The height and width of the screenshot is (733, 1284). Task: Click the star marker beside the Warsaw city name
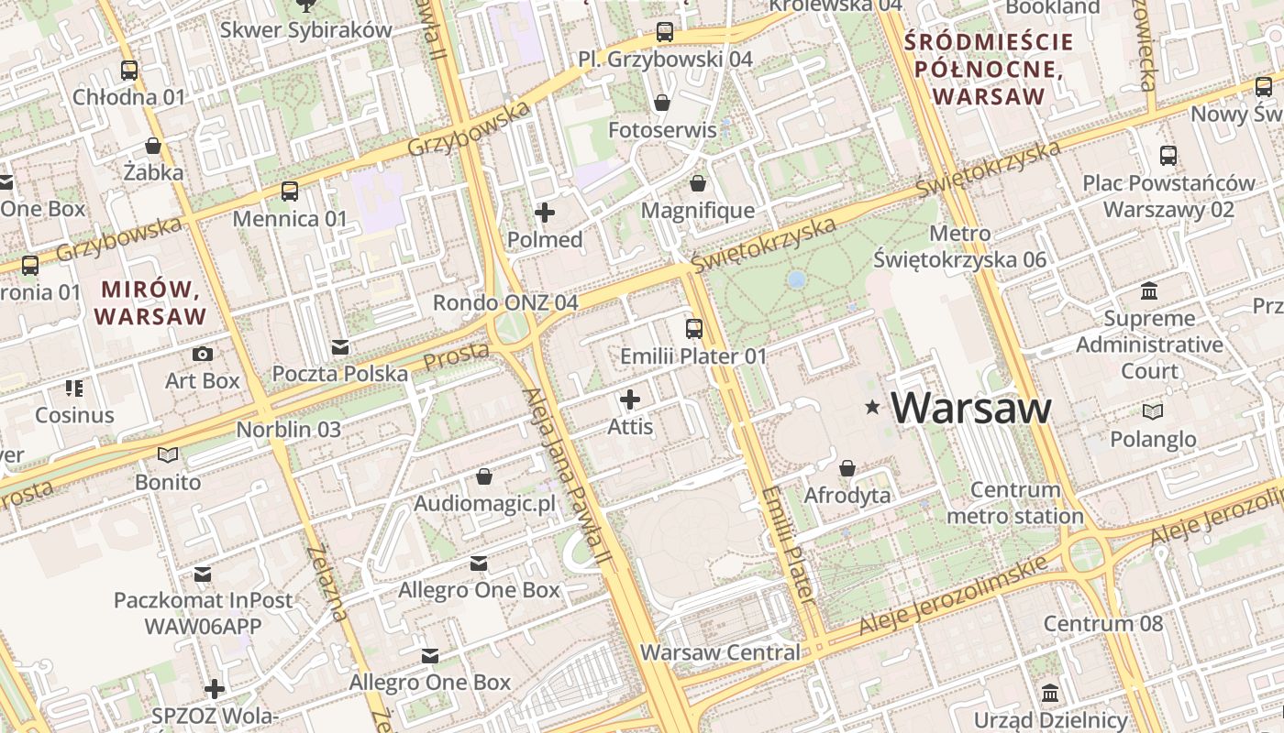tap(871, 407)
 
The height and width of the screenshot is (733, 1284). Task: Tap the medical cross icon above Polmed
tap(545, 213)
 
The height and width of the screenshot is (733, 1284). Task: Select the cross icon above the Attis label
tap(630, 399)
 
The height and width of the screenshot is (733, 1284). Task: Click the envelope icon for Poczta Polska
tap(340, 347)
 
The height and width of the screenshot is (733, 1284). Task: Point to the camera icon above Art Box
tap(203, 354)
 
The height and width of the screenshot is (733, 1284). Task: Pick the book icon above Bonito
tap(168, 454)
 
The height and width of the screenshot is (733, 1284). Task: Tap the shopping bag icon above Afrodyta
tap(847, 468)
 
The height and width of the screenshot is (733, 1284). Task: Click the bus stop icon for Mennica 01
tap(290, 191)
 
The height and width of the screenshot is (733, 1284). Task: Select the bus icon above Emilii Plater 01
tap(694, 328)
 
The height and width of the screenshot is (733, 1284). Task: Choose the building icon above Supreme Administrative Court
tap(1148, 291)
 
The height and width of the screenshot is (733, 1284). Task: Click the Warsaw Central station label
tap(720, 652)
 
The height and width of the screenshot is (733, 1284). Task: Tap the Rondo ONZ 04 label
tap(505, 302)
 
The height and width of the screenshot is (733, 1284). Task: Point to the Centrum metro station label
tap(1015, 503)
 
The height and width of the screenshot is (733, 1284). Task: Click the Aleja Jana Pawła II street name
tap(567, 476)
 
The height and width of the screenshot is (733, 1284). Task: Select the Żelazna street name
tap(329, 583)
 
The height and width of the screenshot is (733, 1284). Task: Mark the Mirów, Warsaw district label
tap(150, 303)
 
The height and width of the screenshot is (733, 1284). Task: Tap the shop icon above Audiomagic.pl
tap(484, 477)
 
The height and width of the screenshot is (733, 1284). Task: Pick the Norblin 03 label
tap(289, 429)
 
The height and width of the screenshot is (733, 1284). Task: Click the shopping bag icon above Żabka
tap(153, 146)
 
